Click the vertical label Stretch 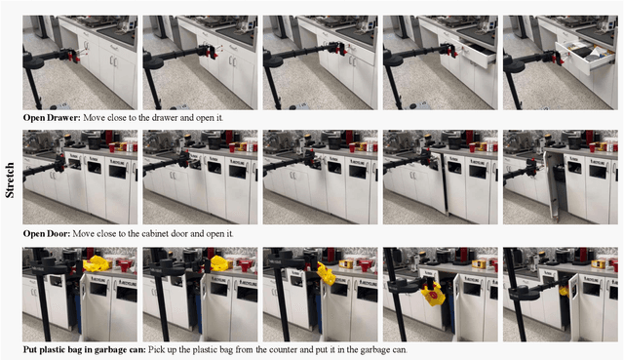(x=10, y=180)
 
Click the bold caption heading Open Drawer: (x=52, y=118)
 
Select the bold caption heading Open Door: (x=47, y=234)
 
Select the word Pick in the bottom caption (x=156, y=350)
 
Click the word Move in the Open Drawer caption (x=93, y=118)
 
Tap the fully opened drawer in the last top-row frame (x=584, y=57)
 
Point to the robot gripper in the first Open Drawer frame (x=74, y=55)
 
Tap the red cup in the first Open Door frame (x=111, y=147)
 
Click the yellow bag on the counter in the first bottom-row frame (x=97, y=263)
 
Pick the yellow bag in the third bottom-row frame (x=326, y=273)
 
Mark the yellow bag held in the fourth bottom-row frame (x=433, y=295)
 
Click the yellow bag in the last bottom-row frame (x=564, y=291)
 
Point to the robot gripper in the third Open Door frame (x=311, y=157)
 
